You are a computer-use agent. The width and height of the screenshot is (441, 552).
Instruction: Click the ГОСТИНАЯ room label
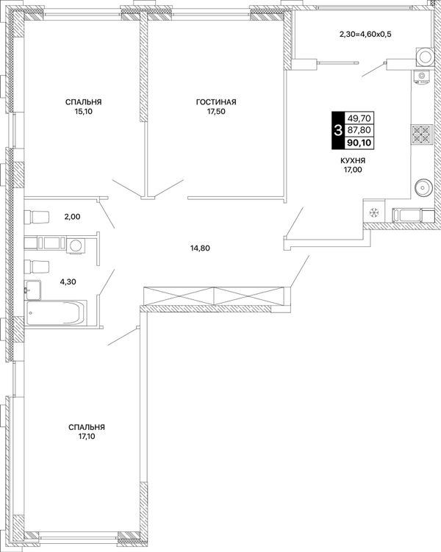(x=216, y=102)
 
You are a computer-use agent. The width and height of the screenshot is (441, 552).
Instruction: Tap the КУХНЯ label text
(x=353, y=160)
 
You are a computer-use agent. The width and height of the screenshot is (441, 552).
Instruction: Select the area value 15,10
(x=83, y=112)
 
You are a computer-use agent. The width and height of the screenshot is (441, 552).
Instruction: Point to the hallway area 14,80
(x=200, y=248)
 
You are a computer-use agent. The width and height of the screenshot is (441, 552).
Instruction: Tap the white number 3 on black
(x=337, y=131)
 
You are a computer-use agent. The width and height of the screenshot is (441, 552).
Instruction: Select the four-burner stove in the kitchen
(x=422, y=135)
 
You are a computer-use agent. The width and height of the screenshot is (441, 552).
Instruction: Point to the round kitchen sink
(x=423, y=187)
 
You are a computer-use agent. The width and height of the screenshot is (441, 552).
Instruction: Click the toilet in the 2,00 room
(x=37, y=217)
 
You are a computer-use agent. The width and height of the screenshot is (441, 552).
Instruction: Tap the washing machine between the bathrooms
(x=75, y=245)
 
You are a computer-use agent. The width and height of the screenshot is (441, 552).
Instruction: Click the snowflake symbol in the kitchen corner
(x=374, y=212)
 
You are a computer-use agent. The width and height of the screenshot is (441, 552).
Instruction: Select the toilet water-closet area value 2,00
(x=72, y=217)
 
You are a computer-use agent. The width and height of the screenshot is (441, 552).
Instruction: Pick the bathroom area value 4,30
(x=68, y=282)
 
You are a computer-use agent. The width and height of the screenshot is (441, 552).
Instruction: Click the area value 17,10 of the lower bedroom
(x=87, y=437)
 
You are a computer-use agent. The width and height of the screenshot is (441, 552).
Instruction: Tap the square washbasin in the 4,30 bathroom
(x=33, y=290)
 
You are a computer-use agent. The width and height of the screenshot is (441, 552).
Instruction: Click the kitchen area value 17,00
(x=353, y=170)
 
